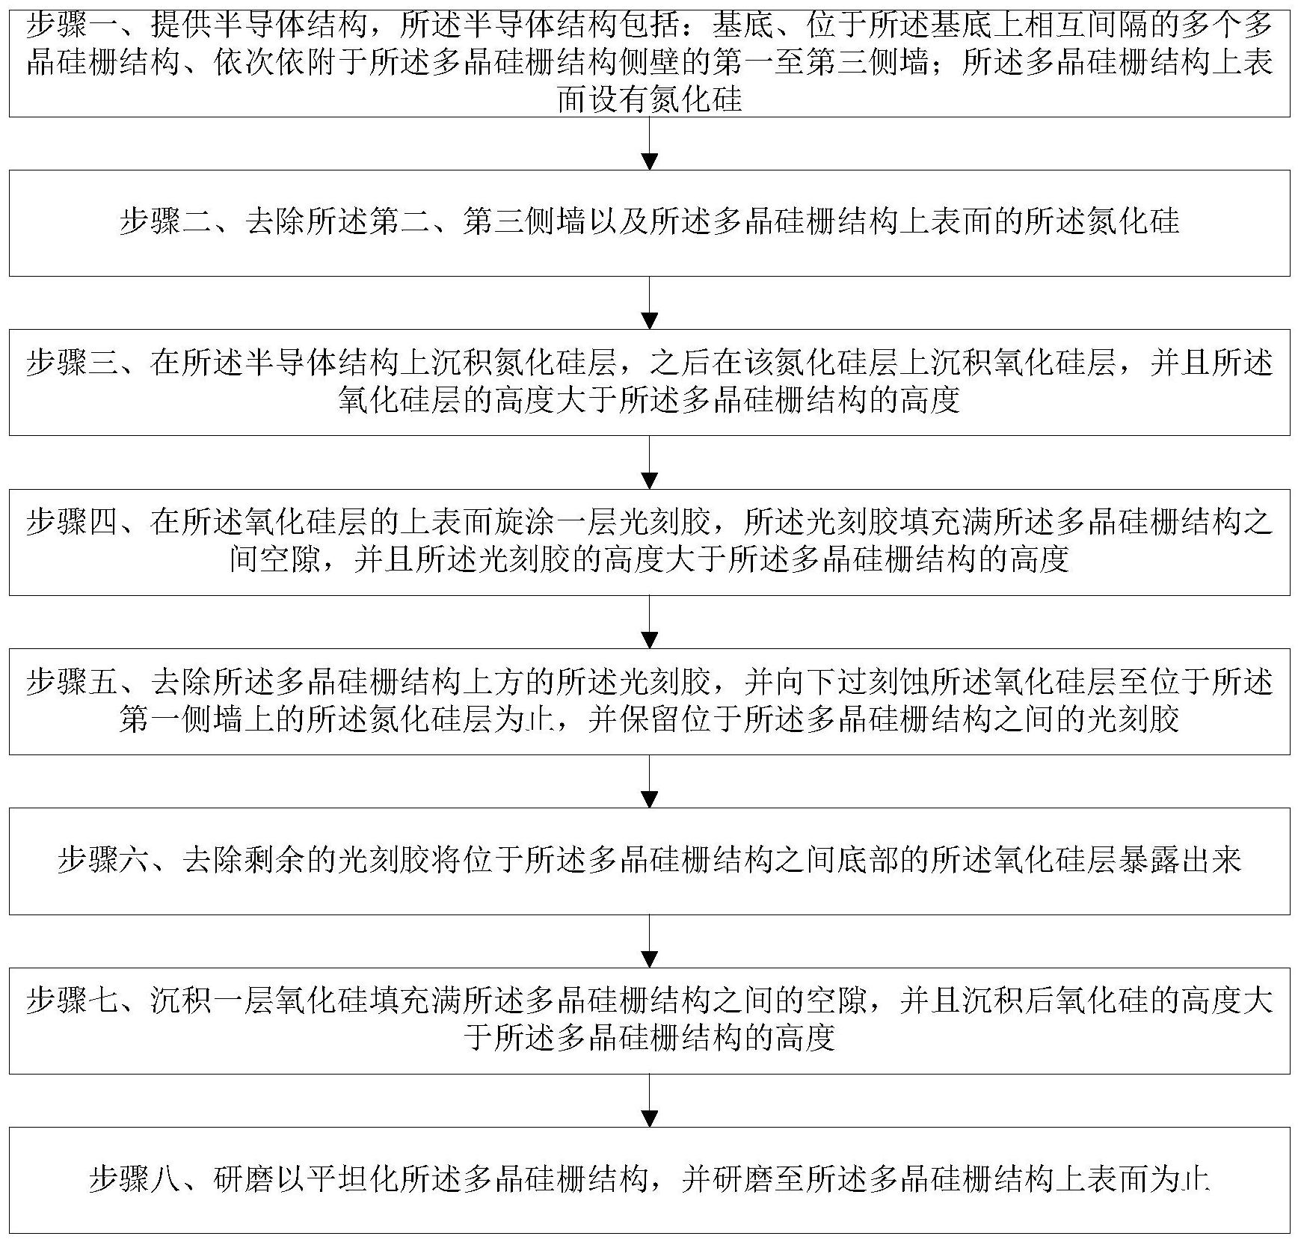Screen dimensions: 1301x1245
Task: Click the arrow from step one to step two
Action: click(x=650, y=144)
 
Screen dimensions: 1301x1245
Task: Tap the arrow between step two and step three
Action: click(x=650, y=303)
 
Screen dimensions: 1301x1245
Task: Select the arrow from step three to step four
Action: click(x=650, y=462)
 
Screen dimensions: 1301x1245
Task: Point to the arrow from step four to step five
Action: click(x=650, y=621)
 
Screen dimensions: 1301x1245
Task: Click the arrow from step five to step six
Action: click(x=650, y=781)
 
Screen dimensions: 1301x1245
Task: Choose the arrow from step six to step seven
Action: click(x=650, y=940)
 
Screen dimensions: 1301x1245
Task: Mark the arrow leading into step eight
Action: click(x=650, y=1100)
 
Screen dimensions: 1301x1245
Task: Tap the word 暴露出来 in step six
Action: click(x=1180, y=860)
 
